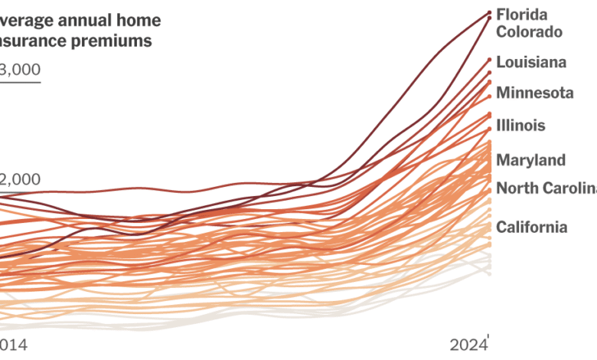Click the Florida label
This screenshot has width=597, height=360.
521,15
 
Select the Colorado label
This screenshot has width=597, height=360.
530,32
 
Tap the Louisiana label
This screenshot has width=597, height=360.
531,62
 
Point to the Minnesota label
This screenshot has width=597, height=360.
535,93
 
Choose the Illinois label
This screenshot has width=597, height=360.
520,125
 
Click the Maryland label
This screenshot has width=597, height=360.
531,160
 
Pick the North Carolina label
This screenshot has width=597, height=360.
546,188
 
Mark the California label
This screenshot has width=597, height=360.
532,227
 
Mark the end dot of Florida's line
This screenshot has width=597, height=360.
490,12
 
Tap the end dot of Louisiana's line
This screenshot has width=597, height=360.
490,59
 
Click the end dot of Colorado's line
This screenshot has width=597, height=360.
490,18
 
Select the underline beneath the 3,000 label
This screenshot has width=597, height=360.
20,82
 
